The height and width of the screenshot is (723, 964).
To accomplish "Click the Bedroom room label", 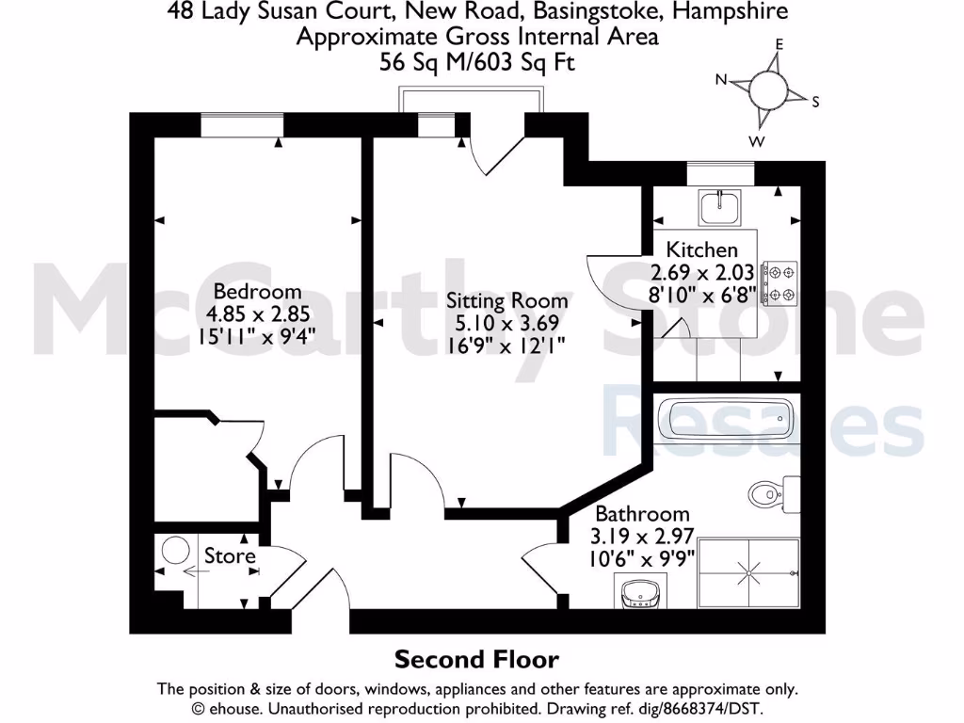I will tap(257, 291).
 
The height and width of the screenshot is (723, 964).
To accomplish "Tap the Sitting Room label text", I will tap(506, 301).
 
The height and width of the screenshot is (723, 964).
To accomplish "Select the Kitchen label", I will tap(701, 249).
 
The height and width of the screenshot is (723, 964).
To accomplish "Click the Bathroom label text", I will tap(642, 514).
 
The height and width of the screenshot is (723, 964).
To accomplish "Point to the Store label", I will tap(230, 556).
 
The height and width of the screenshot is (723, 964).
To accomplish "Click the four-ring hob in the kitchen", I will tap(779, 282).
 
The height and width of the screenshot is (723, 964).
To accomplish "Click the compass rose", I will tap(768, 91).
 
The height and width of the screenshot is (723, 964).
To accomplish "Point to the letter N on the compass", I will tap(722, 80).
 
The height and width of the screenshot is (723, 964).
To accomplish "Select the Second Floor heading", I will tap(476, 659).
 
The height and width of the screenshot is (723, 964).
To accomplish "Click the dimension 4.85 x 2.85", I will tap(257, 313).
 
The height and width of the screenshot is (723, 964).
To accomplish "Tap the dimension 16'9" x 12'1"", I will tap(506, 345).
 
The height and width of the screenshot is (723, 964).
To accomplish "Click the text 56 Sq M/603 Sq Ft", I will tap(477, 62).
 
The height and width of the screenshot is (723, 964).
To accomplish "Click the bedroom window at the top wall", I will tap(242, 125).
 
